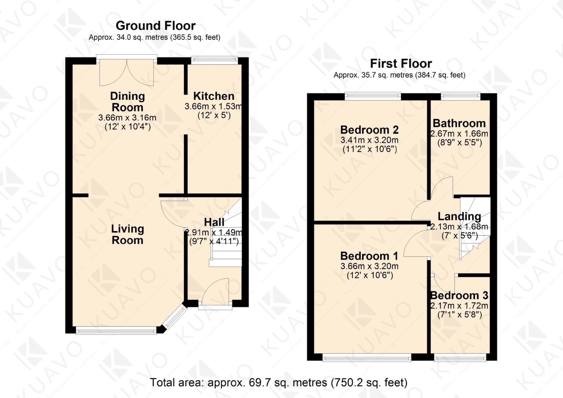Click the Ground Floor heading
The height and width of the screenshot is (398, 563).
(155, 26)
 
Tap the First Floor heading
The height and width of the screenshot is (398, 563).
(401, 64)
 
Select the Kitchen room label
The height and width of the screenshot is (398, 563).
(214, 96)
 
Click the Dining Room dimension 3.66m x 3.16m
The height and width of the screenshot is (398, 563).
(127, 118)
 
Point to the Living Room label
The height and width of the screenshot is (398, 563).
(127, 234)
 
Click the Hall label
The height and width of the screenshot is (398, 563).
(214, 222)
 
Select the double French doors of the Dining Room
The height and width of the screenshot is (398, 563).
(127, 72)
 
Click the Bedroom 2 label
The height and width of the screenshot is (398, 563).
(369, 130)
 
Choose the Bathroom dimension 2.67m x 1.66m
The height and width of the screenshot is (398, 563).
(459, 134)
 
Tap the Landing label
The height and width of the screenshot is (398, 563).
(459, 216)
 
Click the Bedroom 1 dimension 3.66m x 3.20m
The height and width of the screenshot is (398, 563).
(369, 266)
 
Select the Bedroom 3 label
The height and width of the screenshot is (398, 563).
(459, 295)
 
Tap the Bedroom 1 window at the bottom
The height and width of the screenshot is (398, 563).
(366, 358)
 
